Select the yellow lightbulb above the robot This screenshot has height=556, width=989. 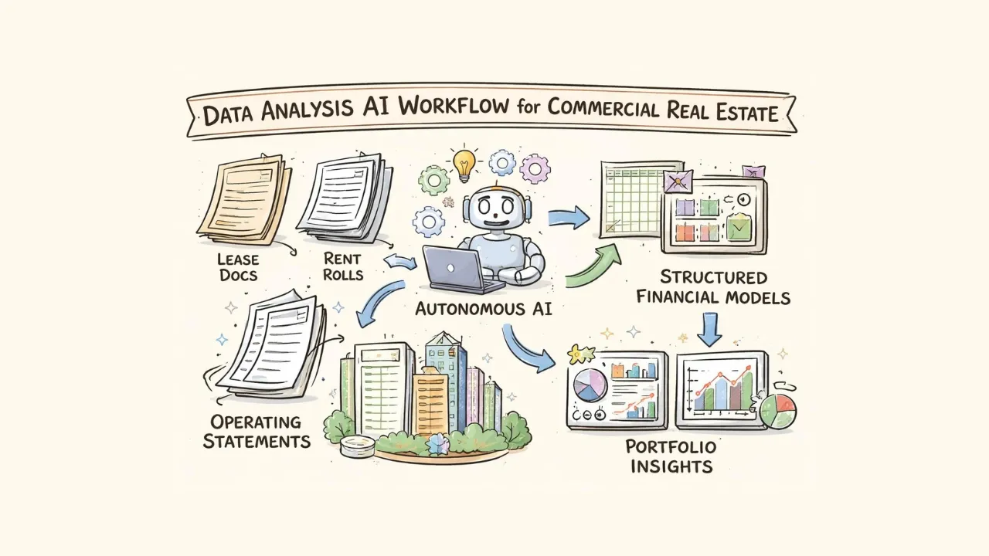point(464,163)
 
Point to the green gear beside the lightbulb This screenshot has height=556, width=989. point(433,180)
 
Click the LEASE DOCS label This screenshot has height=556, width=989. point(237,266)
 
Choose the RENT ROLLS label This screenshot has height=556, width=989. point(342,266)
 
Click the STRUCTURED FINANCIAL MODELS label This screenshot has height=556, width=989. point(715,286)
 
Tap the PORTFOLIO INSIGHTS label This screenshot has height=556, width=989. point(671,456)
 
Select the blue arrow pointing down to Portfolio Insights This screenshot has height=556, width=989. point(709,329)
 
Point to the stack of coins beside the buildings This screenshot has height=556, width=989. point(356,446)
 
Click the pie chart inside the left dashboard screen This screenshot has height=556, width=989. point(590,384)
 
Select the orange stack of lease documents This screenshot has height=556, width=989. point(243,198)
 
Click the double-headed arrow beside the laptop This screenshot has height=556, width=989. point(400,263)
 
